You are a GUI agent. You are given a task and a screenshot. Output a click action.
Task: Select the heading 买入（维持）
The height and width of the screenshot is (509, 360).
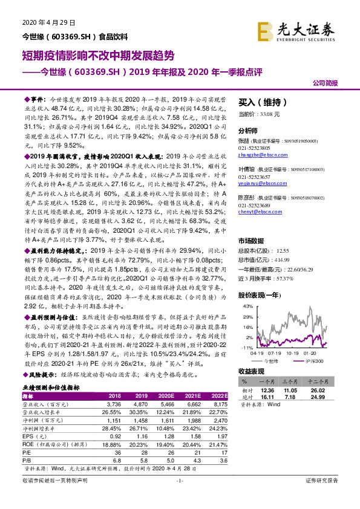tap(261, 102)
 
